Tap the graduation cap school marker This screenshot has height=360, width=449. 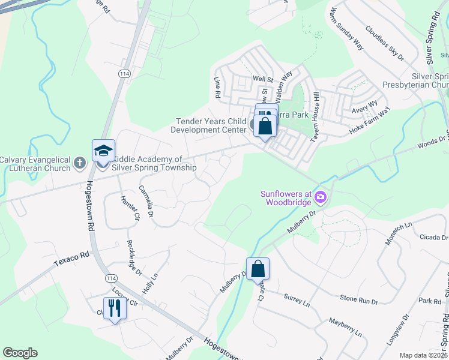(x=103, y=151)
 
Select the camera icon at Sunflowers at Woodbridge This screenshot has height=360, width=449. (x=320, y=197)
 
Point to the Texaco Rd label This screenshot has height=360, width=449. (x=71, y=259)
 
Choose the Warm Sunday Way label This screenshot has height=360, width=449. (x=347, y=29)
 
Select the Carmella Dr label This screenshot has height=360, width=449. (x=146, y=201)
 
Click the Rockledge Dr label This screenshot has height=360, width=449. (x=134, y=258)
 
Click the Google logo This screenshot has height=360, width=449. (x=20, y=353)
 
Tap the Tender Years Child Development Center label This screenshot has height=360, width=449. (x=211, y=125)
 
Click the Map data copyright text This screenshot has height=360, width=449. (x=423, y=355)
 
